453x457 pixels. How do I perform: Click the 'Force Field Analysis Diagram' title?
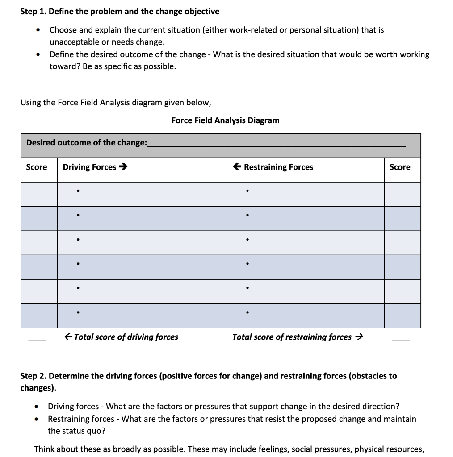[225, 120]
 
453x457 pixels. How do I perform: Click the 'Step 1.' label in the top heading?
[34, 11]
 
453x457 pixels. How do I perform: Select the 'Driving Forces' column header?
[89, 167]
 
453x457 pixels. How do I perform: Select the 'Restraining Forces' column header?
[278, 167]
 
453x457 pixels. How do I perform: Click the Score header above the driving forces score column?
[37, 167]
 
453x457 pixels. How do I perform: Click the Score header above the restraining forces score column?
[400, 167]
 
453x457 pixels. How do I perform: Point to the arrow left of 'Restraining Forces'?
[238, 167]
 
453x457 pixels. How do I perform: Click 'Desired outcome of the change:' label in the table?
[86, 143]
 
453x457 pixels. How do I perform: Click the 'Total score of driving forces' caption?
[126, 337]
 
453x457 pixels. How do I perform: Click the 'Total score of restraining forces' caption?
[292, 337]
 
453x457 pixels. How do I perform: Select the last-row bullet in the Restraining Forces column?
[247, 313]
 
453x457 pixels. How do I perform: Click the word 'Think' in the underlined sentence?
[45, 449]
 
